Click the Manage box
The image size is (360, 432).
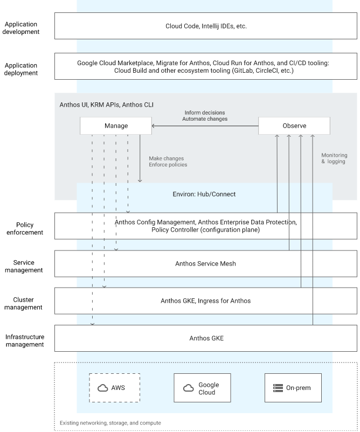[x=116, y=126]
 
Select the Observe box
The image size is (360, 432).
[x=294, y=126]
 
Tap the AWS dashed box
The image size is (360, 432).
[x=114, y=388]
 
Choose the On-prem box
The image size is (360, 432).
[x=293, y=388]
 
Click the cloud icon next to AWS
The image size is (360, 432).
[x=102, y=388]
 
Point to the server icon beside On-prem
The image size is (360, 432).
[x=278, y=388]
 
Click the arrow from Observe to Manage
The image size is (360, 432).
[x=205, y=126]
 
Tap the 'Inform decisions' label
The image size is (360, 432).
[x=205, y=112]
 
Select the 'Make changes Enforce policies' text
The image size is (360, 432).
[x=168, y=162]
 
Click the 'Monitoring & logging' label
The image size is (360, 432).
[x=333, y=158]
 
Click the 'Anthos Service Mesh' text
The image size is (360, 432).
[x=206, y=263]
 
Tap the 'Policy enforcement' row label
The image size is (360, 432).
[x=25, y=228]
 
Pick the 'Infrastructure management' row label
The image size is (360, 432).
[x=25, y=340]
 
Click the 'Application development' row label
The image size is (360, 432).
[x=22, y=28]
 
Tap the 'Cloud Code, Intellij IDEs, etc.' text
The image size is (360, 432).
[x=206, y=26]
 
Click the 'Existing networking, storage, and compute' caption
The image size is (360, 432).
[x=110, y=423]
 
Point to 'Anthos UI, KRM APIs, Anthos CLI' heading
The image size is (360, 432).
[x=103, y=104]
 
